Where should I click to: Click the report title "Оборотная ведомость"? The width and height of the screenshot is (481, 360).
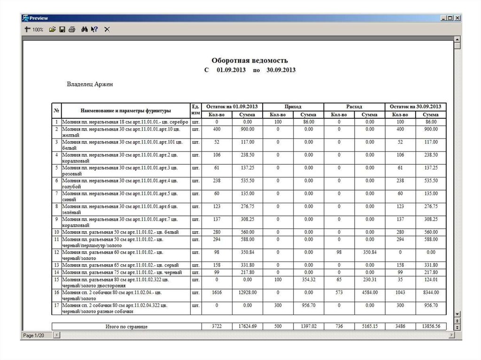pos(249,61)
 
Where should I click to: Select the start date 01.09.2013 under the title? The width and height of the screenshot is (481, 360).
pos(231,70)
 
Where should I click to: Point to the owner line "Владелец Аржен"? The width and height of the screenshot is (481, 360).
pos(90,84)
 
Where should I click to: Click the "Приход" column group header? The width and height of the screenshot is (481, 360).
pos(293,107)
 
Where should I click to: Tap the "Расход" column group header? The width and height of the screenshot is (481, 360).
pos(354,107)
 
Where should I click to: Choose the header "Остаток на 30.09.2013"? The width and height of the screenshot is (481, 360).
pos(415,107)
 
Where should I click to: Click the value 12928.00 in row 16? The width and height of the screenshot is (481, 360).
pos(247,292)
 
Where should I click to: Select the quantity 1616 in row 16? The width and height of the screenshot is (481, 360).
pos(217,292)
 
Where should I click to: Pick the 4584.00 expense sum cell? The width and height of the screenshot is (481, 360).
pos(369,292)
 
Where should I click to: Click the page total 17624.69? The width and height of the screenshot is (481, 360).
pos(247,326)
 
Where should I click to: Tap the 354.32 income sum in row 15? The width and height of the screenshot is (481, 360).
pos(308,280)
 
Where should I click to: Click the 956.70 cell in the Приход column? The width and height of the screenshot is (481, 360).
pos(308,305)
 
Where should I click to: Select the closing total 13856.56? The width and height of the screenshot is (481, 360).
pos(431,326)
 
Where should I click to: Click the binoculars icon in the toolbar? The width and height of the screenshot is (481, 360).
pos(85,29)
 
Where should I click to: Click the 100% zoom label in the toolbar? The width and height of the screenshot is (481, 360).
pos(38,30)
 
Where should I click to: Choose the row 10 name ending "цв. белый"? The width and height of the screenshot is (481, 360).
pos(124,231)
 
